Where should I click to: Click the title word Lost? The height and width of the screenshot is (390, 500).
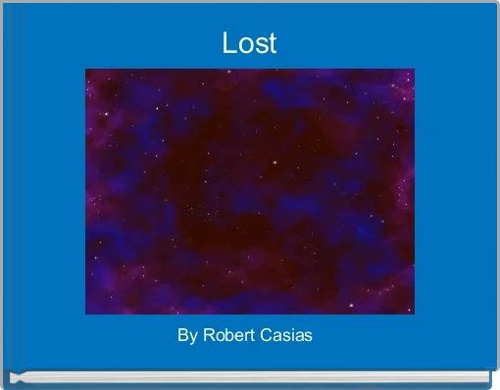coord(249,44)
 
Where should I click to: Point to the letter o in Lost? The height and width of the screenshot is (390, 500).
coord(244,46)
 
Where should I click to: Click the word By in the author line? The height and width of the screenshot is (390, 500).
coord(186,336)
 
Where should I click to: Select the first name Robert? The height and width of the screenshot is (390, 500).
coord(225,336)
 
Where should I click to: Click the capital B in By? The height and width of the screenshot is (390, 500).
coord(182,336)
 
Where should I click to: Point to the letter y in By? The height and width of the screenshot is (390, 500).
coord(192,338)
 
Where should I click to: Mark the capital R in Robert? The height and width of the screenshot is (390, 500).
coord(206,336)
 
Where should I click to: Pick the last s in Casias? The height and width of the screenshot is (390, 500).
coord(309,337)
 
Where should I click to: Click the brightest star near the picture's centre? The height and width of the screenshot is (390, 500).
coord(275,162)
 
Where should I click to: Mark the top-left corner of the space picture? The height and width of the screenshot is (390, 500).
coord(86,70)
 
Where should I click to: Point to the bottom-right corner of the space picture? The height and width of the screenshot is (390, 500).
coord(414,314)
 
